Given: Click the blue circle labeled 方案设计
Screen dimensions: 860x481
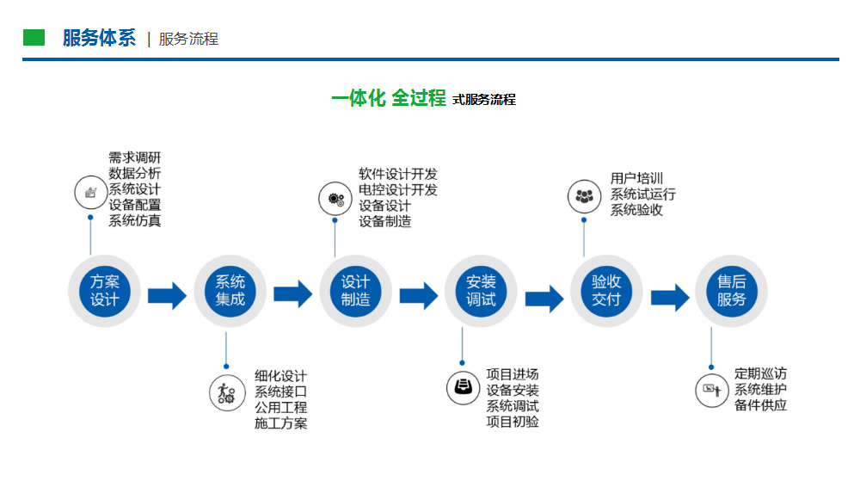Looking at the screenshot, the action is click(104, 291).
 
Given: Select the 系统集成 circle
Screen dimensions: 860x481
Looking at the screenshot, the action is click(230, 291).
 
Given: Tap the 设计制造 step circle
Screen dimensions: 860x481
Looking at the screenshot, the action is click(355, 291).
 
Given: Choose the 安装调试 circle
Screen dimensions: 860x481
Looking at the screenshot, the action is click(481, 291).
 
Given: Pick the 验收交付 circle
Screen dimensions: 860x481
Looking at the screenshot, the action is click(606, 291).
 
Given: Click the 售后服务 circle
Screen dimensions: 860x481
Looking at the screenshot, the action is click(731, 291).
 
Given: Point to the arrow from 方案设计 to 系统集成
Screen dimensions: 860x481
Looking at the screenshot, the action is click(168, 296).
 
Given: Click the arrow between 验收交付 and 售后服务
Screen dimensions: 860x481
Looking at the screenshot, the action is click(670, 298).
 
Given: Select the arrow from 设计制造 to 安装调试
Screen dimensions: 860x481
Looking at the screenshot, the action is click(419, 296).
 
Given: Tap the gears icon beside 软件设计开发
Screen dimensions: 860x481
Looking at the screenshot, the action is click(335, 199).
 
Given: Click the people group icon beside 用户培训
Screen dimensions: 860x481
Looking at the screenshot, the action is click(584, 196).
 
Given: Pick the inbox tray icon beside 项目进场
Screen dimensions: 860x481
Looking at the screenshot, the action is click(463, 388).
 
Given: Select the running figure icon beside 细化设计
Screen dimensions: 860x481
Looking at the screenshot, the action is click(226, 392).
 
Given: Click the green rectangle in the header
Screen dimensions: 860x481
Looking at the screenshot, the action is click(34, 37).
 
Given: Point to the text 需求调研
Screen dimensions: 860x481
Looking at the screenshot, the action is click(134, 158).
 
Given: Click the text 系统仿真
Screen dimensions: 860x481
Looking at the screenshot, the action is click(134, 220).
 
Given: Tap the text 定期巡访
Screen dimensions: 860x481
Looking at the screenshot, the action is click(761, 373).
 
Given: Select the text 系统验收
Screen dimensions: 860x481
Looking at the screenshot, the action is click(636, 209).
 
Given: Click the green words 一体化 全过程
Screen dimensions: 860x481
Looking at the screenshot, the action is click(389, 98).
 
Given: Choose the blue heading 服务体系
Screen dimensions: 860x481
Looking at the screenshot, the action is click(99, 38).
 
